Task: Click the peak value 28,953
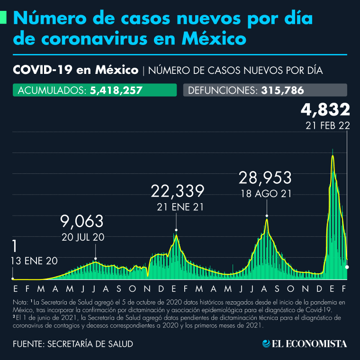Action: [x=265, y=178]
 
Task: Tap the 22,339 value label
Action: [x=178, y=191]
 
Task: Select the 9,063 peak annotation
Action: [x=82, y=221]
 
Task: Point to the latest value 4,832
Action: [x=325, y=109]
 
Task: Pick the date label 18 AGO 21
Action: [x=265, y=193]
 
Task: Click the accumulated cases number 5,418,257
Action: [x=116, y=90]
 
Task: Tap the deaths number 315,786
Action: [x=282, y=90]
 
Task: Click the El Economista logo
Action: [x=305, y=343]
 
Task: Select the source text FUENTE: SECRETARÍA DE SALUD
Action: [x=72, y=343]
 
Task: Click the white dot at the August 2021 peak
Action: [x=267, y=216]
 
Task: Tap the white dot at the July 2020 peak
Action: [x=96, y=259]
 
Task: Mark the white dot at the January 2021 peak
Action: [x=176, y=230]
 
